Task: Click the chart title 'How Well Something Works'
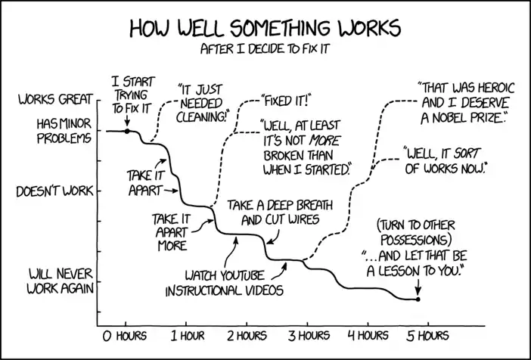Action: (265, 28)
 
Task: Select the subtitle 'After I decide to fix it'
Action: (265, 49)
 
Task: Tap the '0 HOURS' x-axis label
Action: (125, 336)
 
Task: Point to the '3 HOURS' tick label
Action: (309, 336)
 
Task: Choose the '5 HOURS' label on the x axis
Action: (428, 336)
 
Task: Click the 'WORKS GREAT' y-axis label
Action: (55, 100)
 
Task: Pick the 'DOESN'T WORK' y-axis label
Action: (55, 191)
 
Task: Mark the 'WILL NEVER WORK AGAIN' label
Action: (61, 281)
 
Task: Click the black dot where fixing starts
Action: (127, 131)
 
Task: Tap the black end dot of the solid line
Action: (418, 299)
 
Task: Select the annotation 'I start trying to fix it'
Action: (132, 95)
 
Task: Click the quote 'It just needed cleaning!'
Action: (202, 104)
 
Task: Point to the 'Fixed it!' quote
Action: (285, 101)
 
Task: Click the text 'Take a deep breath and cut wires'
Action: (280, 213)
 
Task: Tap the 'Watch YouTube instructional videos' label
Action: (225, 283)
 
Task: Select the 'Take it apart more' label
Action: (172, 232)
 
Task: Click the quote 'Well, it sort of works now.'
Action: (445, 160)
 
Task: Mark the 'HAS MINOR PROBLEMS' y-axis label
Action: (64, 131)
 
